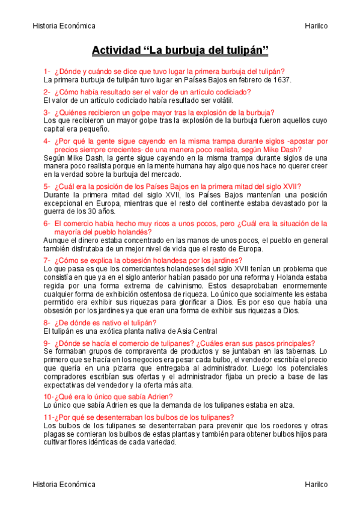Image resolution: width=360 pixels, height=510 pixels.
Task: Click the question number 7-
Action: (47, 260)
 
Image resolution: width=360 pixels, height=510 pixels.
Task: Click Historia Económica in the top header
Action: (64, 26)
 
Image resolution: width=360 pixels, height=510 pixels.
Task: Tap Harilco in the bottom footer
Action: (316, 484)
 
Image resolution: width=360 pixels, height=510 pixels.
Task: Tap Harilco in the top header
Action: (316, 26)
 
